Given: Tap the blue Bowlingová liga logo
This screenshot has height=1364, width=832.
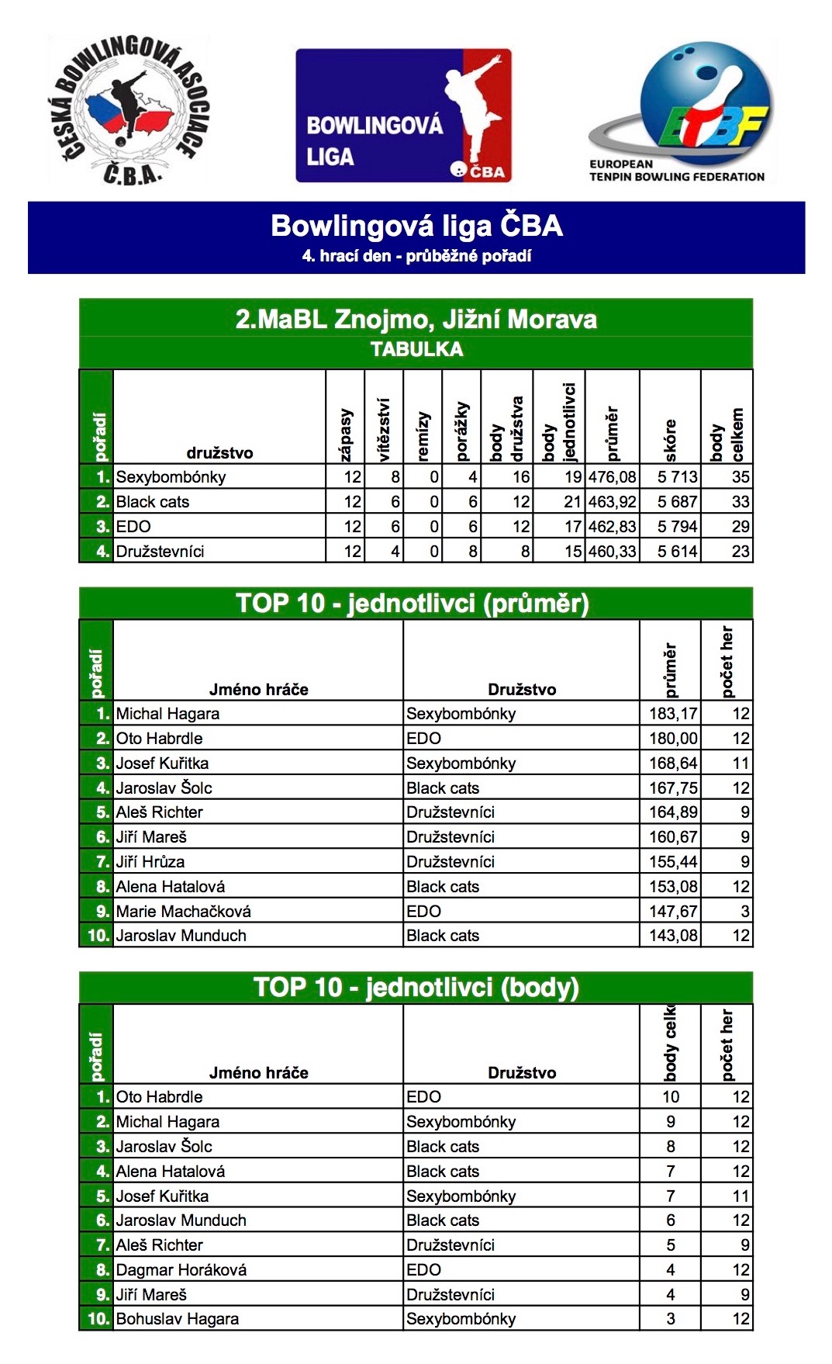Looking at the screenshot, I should pos(403,116).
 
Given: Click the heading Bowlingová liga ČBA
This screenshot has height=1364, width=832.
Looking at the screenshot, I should pos(416,226).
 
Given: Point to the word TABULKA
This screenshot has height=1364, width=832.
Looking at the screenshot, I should pos(416,350).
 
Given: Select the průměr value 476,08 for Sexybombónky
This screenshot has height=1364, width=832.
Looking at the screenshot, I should pos(613,477).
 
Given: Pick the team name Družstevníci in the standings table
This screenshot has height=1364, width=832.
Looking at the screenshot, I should pos(160,552).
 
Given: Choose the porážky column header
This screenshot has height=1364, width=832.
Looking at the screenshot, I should pos(462,431).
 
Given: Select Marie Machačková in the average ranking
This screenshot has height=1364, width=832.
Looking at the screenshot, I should pos(183,912).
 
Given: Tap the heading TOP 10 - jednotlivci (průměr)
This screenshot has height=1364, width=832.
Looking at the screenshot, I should pos(413,604).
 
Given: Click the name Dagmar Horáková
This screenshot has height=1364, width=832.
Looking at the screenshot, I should pos(181,1270).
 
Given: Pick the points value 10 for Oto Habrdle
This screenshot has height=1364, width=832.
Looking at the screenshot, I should pos(671,1097).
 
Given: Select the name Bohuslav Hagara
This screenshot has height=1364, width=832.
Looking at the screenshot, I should pos(177,1319).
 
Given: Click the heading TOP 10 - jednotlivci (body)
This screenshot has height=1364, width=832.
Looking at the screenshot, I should pos(416,988).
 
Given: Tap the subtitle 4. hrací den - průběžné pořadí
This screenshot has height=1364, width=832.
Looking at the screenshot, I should pos(416,256).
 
